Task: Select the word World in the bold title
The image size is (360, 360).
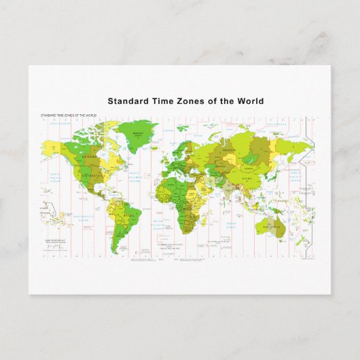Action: click(x=251, y=101)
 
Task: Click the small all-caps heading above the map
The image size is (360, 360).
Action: click(x=69, y=116)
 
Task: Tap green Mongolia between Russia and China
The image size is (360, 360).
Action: click(x=253, y=164)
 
